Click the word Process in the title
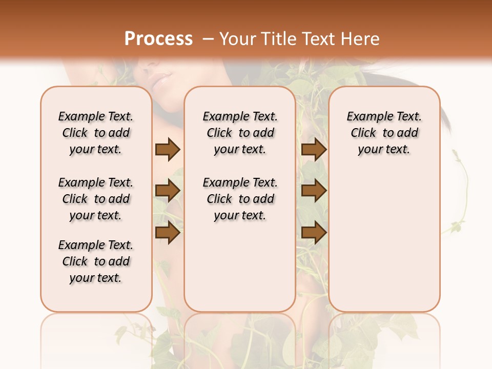[158, 39]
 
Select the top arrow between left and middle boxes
[168, 150]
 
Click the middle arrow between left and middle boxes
[168, 191]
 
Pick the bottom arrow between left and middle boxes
[168, 233]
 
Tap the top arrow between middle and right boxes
[314, 150]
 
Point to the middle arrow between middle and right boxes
[314, 191]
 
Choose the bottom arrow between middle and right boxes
[314, 233]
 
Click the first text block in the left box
[96, 133]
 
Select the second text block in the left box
[96, 199]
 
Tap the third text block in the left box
[96, 261]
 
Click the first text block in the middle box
[240, 133]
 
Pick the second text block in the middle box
[240, 199]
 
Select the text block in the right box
[384, 133]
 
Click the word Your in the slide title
[237, 39]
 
